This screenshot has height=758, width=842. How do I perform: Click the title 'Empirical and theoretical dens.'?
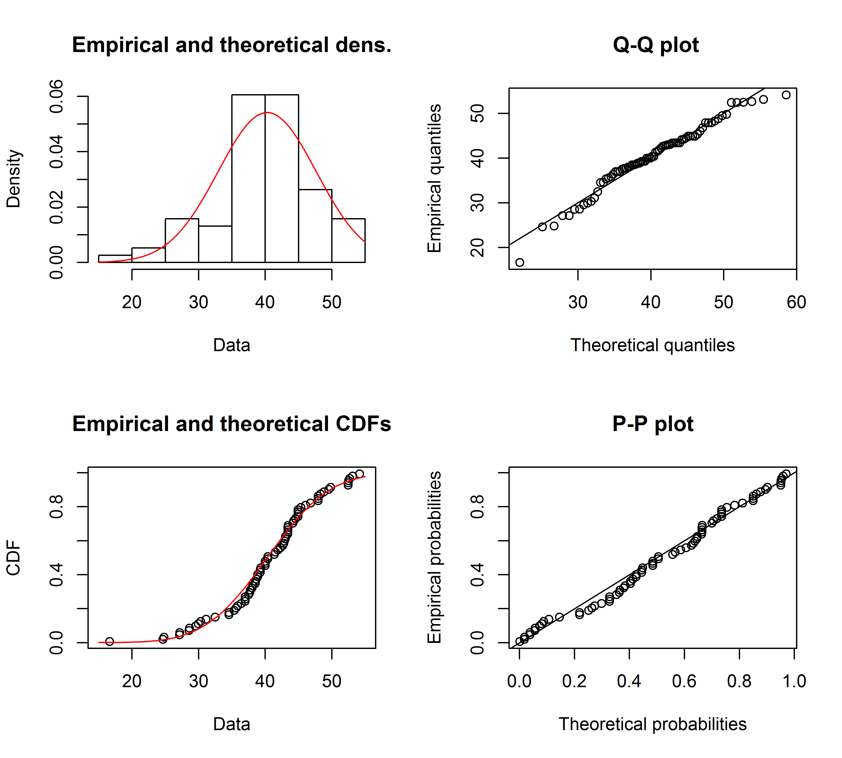(x=231, y=45)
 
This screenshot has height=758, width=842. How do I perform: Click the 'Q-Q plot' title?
(x=655, y=45)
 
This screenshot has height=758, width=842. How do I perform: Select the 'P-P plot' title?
(x=652, y=424)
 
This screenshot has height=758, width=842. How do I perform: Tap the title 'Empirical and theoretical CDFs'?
(x=231, y=424)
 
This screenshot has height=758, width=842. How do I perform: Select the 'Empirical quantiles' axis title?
(x=434, y=178)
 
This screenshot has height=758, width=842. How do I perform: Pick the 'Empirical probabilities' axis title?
(x=434, y=557)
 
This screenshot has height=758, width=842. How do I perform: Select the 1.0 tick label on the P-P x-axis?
(x=794, y=681)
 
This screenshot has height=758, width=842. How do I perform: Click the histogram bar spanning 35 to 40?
(x=248, y=179)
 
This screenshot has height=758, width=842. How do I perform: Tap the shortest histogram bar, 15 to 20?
(x=115, y=259)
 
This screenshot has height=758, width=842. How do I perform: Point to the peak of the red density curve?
(x=267, y=113)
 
